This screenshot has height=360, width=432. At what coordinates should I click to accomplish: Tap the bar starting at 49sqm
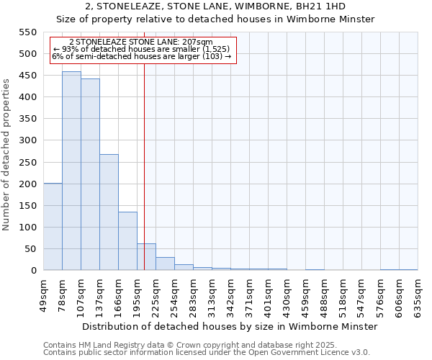pyautogui.click(x=53, y=227)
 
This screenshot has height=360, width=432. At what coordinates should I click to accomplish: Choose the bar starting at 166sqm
pyautogui.click(x=127, y=241)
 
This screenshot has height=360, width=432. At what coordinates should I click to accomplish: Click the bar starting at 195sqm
pyautogui.click(x=146, y=257)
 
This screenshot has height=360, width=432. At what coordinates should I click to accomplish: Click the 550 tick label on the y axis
pyautogui.click(x=27, y=32)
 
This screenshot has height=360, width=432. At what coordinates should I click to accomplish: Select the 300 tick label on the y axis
pyautogui.click(x=27, y=140)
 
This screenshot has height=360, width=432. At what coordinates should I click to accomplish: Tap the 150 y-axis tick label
pyautogui.click(x=27, y=206)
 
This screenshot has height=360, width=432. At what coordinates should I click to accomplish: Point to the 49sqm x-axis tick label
pyautogui.click(x=44, y=294)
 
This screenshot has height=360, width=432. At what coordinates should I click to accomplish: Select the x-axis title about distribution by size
pyautogui.click(x=230, y=326)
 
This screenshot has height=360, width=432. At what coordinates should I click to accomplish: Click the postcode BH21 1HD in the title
pyautogui.click(x=324, y=6)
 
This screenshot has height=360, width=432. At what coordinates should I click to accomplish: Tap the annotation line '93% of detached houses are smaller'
pyautogui.click(x=141, y=49)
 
